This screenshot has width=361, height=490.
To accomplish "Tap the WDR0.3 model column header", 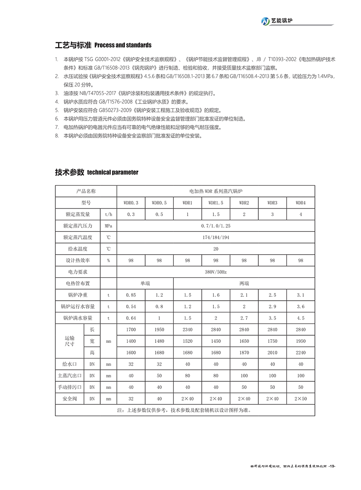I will pos(131,203).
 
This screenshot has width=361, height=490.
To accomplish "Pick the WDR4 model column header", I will pos(300,203).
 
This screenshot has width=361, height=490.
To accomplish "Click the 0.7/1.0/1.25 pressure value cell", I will pos(216,226).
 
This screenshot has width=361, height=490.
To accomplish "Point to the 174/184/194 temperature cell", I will pos(216,237).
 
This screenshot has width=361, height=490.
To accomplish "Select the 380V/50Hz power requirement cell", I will pos(216,272).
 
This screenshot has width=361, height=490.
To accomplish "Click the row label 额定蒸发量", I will pos(78,215).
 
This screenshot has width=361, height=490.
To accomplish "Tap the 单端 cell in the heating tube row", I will pos(145,283).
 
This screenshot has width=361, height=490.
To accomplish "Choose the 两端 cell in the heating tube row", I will pos(244,283).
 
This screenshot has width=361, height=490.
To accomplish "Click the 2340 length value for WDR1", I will pos(187,330).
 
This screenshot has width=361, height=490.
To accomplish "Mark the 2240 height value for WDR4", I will pos(300,353).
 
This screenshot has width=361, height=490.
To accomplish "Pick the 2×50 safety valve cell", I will pos(300,399).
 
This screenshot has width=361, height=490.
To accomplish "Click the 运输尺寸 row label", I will pos(70,341).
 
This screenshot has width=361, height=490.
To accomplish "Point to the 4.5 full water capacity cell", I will pos(300,318).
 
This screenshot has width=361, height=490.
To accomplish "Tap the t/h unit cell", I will pos(108,215).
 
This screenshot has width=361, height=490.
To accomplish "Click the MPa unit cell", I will pos(108,226).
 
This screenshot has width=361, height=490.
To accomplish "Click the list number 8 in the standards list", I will pos(57,136).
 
